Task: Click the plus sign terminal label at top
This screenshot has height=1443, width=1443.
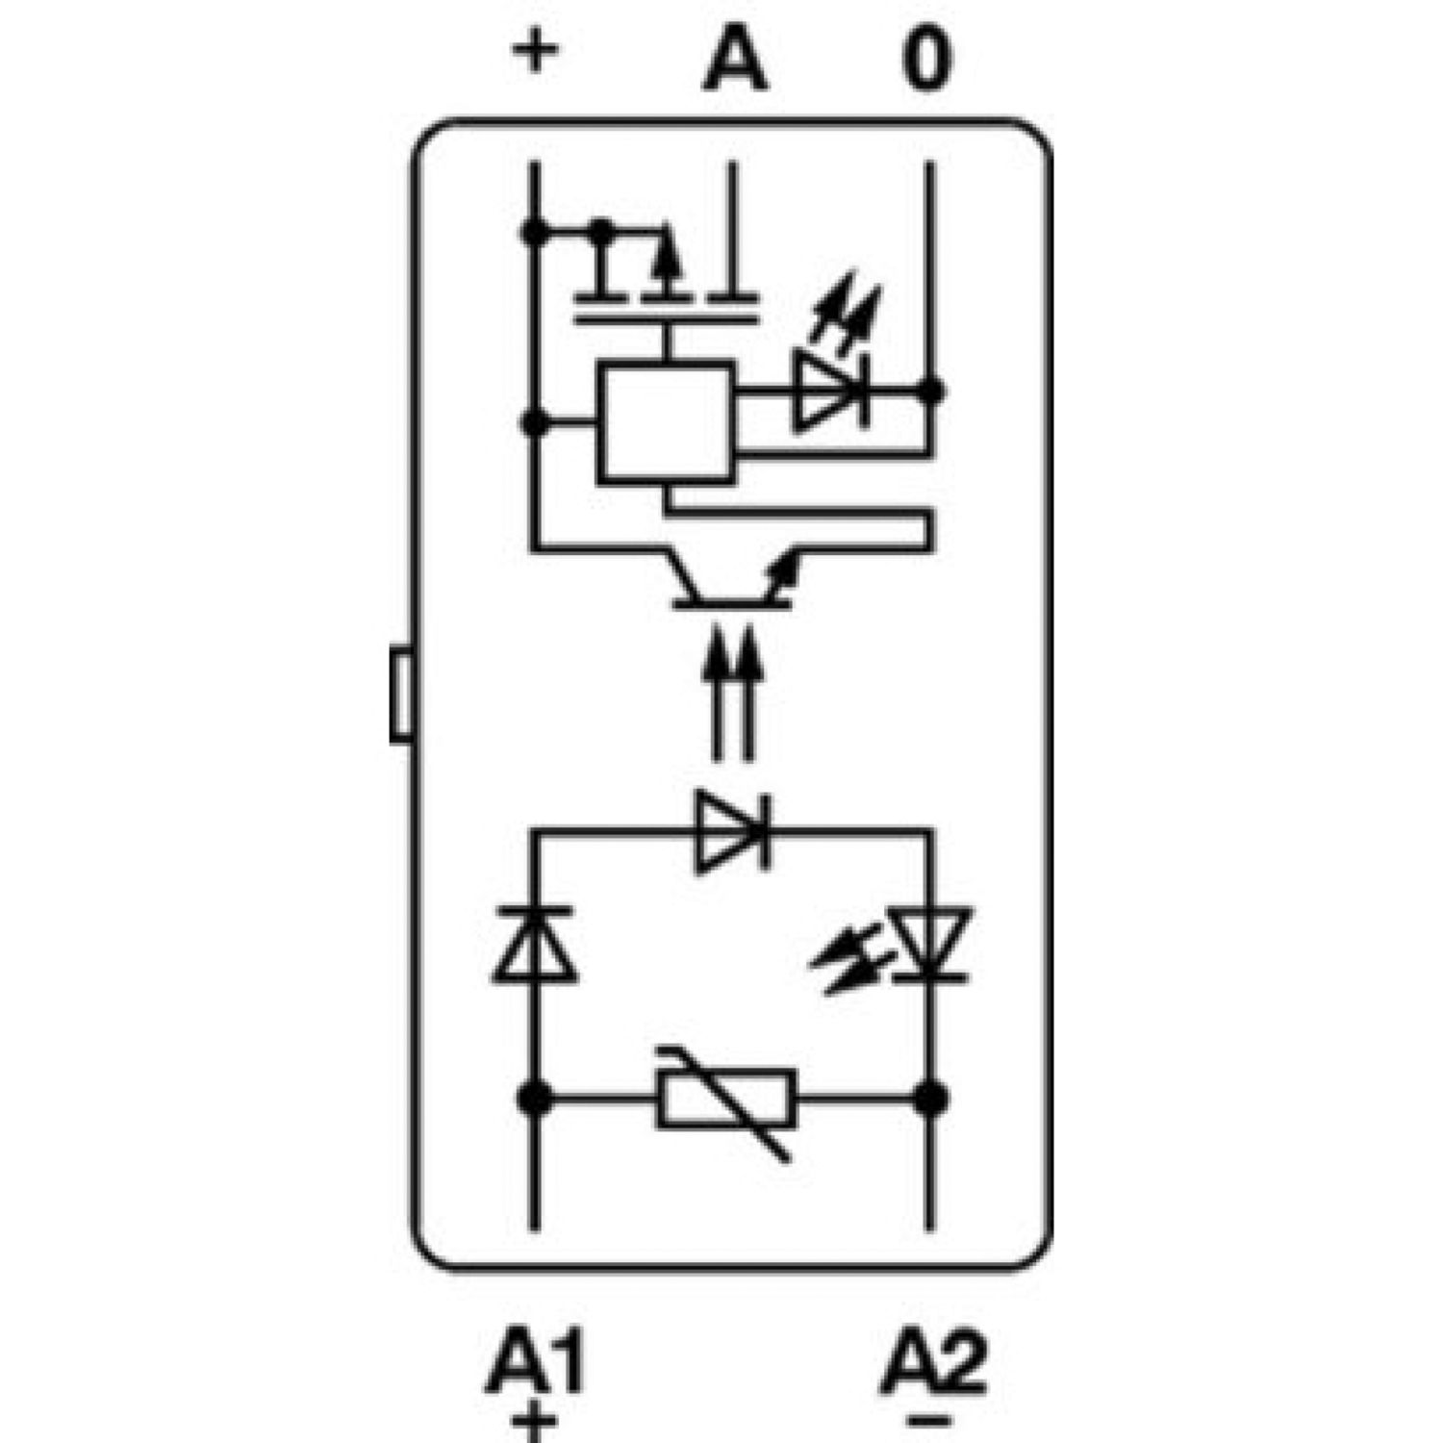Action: pyautogui.click(x=535, y=53)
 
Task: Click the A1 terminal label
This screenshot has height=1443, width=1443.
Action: pyautogui.click(x=536, y=1362)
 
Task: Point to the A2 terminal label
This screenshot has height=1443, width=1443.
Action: pyautogui.click(x=933, y=1362)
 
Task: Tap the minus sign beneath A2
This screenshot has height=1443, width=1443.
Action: pyautogui.click(x=928, y=1420)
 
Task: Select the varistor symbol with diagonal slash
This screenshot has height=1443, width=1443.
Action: pyautogui.click(x=727, y=1099)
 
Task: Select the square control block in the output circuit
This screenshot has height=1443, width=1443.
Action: pyautogui.click(x=665, y=420)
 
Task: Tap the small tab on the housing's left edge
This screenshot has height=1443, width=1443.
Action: pyautogui.click(x=400, y=696)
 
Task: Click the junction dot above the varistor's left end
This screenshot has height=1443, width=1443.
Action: pyautogui.click(x=535, y=1098)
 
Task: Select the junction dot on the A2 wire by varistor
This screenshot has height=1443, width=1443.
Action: pyautogui.click(x=929, y=1098)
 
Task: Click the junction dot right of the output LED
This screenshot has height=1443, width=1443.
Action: pyautogui.click(x=929, y=392)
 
